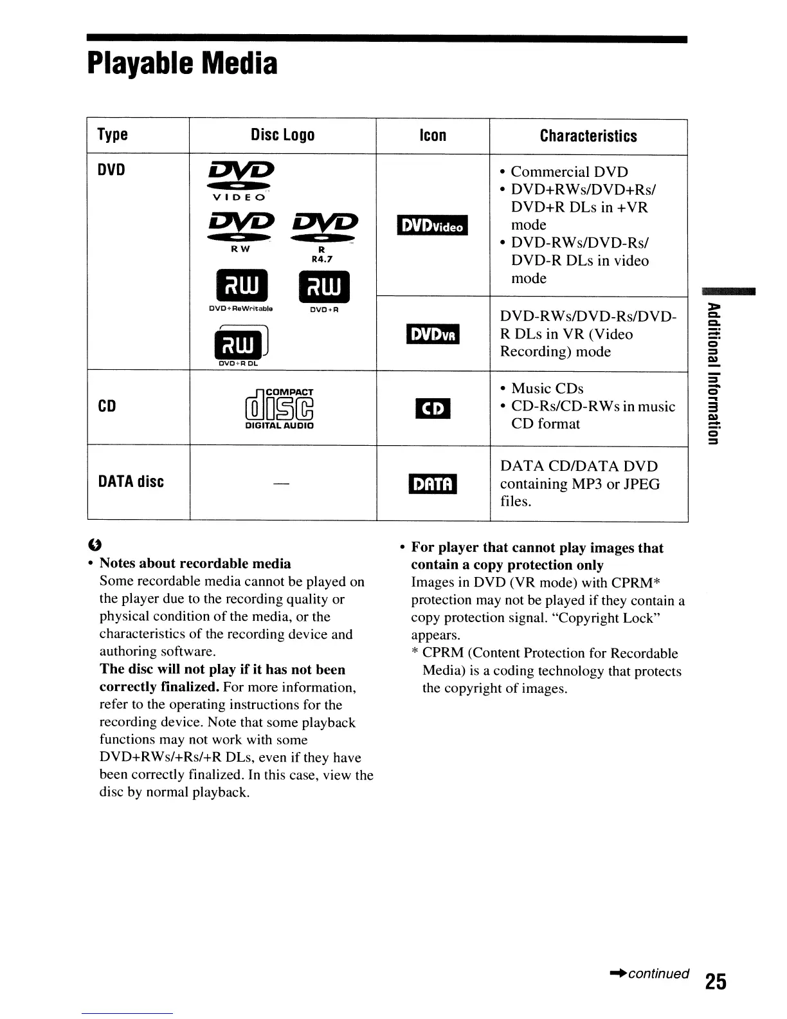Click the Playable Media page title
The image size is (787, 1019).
[x=183, y=64]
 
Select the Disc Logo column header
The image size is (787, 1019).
[x=282, y=135]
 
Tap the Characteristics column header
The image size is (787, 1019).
[x=588, y=136]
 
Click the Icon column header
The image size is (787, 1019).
[x=432, y=135]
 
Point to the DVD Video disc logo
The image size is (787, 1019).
[x=235, y=181]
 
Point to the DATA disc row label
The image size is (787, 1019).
[x=131, y=482]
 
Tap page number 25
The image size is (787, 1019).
[x=715, y=982]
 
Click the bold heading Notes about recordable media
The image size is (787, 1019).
[x=195, y=564]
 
